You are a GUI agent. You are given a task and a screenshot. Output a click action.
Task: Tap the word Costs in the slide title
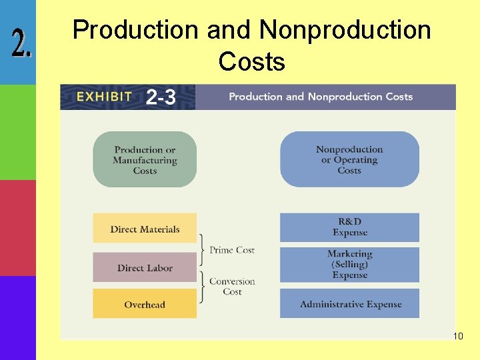tap(251, 62)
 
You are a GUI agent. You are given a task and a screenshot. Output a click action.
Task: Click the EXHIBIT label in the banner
tap(104, 97)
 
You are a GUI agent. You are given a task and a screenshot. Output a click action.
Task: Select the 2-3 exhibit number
tap(161, 97)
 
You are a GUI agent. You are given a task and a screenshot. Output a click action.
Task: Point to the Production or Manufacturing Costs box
tap(145, 160)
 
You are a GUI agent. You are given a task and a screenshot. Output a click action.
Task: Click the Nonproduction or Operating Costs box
tap(349, 160)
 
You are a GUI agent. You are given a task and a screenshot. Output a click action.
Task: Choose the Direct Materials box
tap(145, 229)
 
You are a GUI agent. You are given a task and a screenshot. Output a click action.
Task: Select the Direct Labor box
tap(145, 267)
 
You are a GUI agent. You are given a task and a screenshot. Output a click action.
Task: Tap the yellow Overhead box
tap(145, 304)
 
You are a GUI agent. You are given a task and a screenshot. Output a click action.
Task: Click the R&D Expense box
tap(349, 227)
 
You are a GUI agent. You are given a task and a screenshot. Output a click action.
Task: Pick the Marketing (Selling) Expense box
tap(349, 265)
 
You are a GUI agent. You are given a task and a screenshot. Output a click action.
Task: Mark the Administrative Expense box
tap(349, 304)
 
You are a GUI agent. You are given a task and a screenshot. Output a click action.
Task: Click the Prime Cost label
tap(232, 250)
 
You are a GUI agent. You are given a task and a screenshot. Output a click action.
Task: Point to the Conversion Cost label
tap(232, 287)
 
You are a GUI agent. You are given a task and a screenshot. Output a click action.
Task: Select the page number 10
tap(458, 337)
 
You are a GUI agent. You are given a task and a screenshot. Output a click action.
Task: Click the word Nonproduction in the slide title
tap(345, 30)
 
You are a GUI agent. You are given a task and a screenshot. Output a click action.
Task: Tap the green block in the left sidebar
tap(17, 132)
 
